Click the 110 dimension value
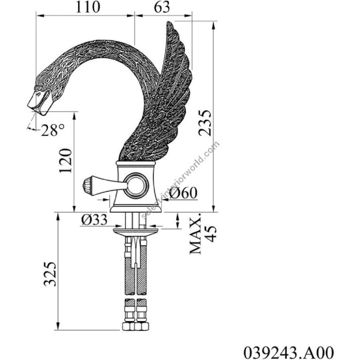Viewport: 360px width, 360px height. click(x=88, y=7)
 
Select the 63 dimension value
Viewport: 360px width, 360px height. click(x=162, y=7)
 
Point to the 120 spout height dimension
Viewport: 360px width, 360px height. click(x=66, y=160)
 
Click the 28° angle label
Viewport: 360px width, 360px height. click(x=52, y=130)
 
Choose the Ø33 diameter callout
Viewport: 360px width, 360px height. click(x=94, y=220)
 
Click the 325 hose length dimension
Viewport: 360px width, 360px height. click(x=50, y=274)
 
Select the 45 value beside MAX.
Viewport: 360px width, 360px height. click(x=210, y=234)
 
